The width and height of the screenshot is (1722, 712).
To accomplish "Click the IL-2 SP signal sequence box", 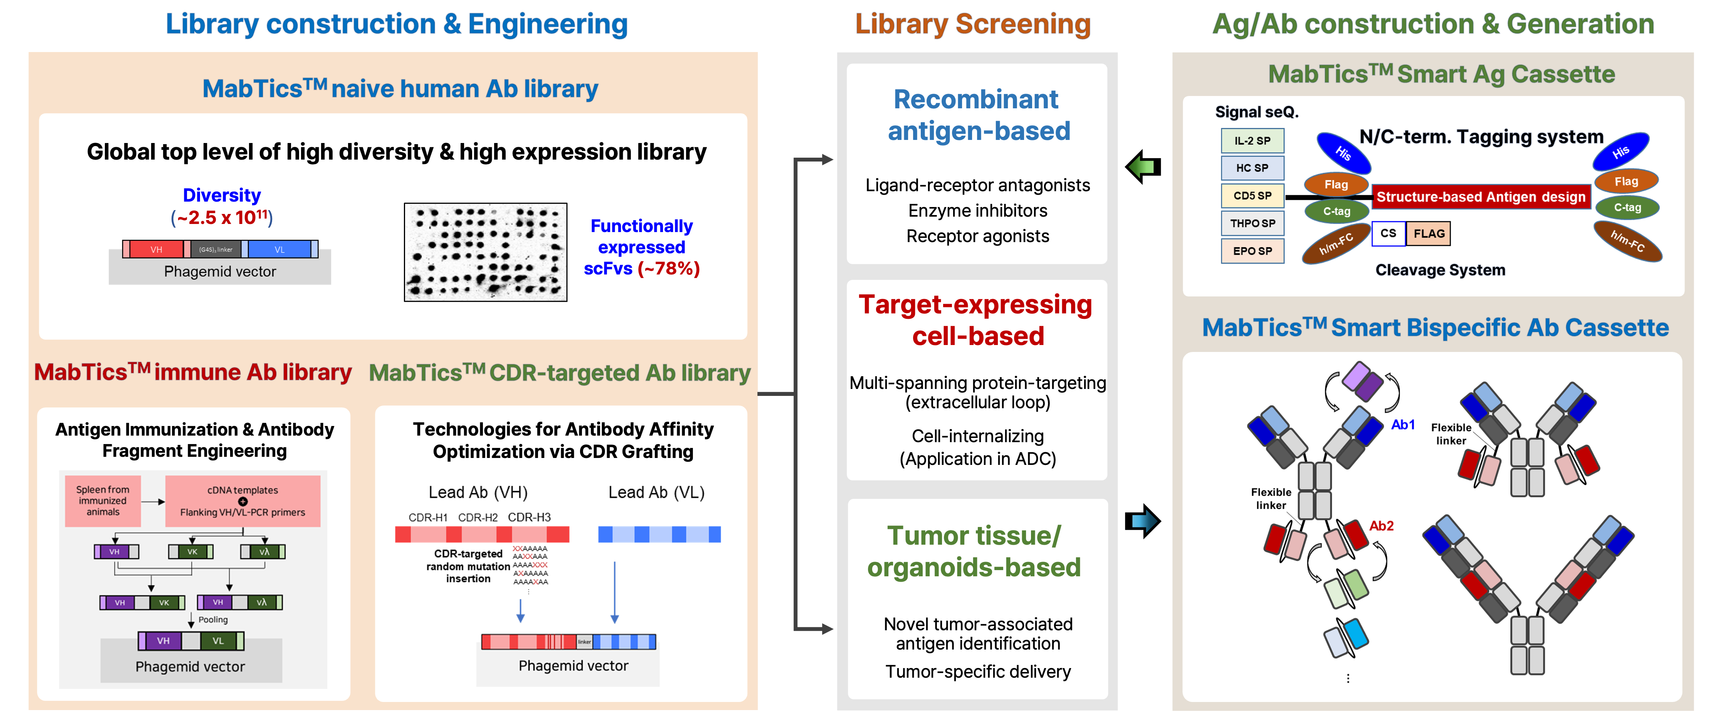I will tap(1252, 140).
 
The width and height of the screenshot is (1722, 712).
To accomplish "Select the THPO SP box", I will tap(1252, 223).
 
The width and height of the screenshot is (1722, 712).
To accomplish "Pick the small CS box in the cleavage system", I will tap(1388, 233).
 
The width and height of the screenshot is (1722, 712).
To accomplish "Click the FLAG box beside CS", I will tap(1429, 233).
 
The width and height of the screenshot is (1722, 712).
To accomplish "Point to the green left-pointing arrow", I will tap(1141, 167).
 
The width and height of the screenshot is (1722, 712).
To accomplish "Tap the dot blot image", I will tap(485, 252).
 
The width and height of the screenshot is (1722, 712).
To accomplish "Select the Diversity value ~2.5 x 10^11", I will tap(222, 218).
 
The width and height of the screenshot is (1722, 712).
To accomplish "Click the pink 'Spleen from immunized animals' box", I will tap(103, 501).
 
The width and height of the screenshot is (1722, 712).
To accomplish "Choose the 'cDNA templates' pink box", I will tap(243, 501).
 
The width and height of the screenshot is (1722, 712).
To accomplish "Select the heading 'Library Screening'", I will tap(973, 24).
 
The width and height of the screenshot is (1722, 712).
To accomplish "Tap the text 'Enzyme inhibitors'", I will tap(977, 210).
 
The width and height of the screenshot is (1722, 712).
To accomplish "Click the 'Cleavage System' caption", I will tap(1440, 270).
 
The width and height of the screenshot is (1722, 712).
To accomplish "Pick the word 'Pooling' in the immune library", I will tap(213, 620).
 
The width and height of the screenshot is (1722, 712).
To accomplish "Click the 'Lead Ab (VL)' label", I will tap(656, 493).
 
